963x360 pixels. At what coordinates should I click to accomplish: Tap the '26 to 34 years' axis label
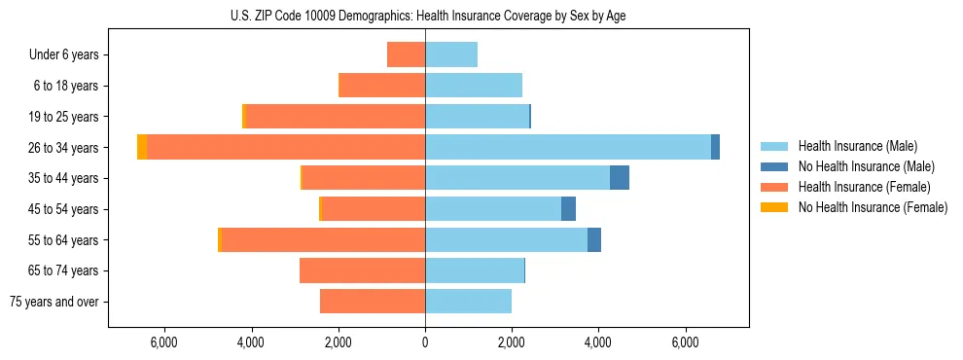63,148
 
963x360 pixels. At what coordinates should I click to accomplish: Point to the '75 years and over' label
53,303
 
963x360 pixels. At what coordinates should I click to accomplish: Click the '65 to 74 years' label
63,271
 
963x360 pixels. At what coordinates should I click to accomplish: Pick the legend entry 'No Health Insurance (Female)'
873,207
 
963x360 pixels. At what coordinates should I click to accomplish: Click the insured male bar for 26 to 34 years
568,147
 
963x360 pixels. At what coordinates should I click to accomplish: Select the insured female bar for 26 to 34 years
286,147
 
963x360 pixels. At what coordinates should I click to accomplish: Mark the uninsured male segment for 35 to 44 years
620,178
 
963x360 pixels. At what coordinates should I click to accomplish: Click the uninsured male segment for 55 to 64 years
594,240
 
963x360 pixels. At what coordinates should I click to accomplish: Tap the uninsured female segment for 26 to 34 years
142,147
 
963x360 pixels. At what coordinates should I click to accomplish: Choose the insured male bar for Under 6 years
451,54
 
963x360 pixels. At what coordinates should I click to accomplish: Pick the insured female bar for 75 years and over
373,302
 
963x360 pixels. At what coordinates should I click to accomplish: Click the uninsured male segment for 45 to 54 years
569,209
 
